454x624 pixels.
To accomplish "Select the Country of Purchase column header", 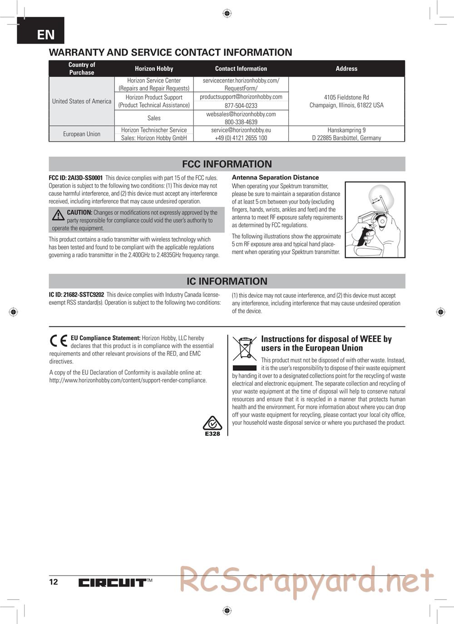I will tap(82, 69).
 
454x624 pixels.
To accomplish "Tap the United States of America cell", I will tap(82, 101).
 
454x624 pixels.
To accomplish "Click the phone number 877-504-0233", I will tap(241, 105).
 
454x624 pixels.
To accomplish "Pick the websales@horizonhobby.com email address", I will tap(241, 114).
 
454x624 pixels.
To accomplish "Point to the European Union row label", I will tap(82, 134).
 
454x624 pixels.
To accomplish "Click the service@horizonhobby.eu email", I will tap(241, 130).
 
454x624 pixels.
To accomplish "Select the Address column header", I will tap(346, 69).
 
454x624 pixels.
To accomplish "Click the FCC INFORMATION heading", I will tap(227, 164).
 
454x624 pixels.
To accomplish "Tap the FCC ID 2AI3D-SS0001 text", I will tap(76, 178).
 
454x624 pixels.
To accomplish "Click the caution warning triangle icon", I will tap(58, 215).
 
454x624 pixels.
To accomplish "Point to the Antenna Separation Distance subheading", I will tap(275, 177).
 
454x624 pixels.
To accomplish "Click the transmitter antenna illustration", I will tap(375, 220).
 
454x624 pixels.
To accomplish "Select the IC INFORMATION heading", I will tap(227, 281).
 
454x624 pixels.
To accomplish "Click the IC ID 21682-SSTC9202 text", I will tap(76, 295).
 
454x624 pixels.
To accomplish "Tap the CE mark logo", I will tap(59, 341).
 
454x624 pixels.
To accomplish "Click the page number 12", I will tap(54, 582).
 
